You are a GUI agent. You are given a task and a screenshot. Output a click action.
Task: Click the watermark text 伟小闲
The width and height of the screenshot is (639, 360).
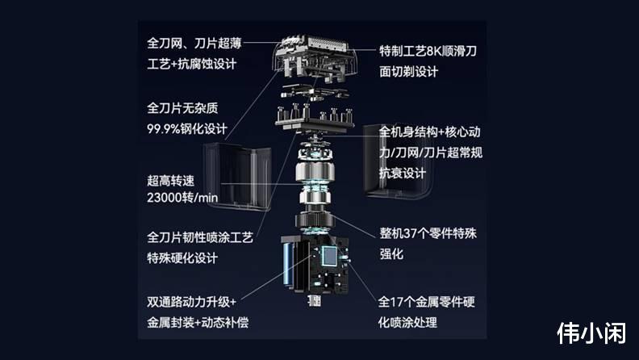click(591, 333)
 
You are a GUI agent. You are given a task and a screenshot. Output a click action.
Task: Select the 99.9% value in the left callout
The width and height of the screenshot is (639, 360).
click(164, 129)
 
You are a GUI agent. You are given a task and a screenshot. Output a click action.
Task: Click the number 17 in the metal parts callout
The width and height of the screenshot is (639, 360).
click(397, 302)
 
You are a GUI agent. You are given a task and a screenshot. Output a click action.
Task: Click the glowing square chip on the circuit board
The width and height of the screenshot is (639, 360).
click(330, 256)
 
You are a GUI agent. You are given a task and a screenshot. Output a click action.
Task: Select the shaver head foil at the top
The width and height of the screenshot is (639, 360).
click(314, 57)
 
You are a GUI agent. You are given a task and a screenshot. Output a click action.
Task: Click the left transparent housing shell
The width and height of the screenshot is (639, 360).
click(237, 176)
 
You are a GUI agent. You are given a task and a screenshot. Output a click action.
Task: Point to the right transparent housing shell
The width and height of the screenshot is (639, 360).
click(396, 162)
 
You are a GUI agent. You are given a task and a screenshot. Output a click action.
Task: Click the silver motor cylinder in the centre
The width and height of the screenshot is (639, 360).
click(315, 171)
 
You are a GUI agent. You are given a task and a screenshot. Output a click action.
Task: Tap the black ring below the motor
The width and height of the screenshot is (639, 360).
click(315, 220)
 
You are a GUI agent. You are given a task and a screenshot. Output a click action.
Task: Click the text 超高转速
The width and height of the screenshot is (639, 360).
click(171, 181)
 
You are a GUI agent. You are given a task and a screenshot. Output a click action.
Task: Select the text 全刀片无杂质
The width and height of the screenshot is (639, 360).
click(182, 108)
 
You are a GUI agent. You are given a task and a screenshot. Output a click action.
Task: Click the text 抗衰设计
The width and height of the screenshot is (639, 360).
click(403, 173)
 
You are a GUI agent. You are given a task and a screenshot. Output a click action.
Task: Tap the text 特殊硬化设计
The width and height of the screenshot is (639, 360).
click(182, 257)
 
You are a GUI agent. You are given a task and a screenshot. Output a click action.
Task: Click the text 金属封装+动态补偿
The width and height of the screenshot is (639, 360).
click(198, 323)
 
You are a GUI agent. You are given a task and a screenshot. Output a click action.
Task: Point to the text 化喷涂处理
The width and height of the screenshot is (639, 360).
click(407, 323)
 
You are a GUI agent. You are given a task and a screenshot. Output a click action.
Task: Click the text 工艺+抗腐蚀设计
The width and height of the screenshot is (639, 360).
click(191, 64)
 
